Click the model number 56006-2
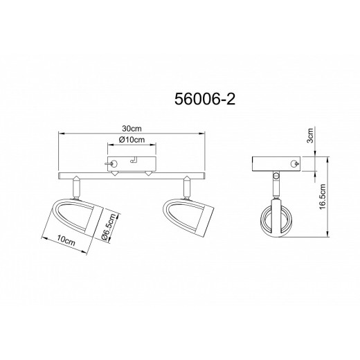pyautogui.click(x=205, y=100)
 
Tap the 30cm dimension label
pyautogui.click(x=132, y=129)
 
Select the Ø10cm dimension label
pyautogui.click(x=132, y=140)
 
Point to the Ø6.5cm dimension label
pyautogui.click(x=109, y=228)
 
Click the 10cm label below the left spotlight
pyautogui.click(x=66, y=240)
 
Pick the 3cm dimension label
pyautogui.click(x=311, y=136)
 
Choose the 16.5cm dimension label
pyautogui.click(x=323, y=197)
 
